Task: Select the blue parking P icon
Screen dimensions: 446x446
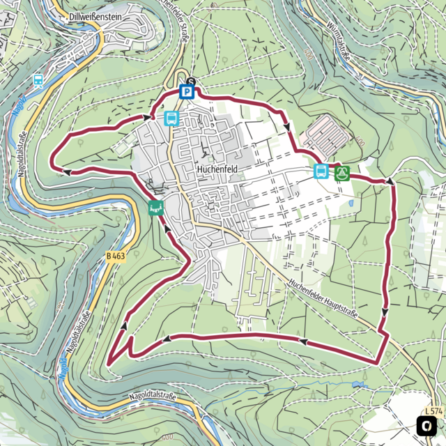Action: (187, 91)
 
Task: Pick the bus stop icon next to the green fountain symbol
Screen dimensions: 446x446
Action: (321, 171)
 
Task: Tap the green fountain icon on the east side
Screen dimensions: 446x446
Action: (341, 172)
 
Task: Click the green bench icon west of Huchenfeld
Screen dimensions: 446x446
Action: (155, 207)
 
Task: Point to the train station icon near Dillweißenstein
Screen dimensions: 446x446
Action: (38, 79)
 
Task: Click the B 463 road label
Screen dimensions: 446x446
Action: (116, 256)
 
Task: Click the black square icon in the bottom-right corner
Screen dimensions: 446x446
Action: (426, 425)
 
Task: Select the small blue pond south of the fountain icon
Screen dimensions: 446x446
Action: (351, 203)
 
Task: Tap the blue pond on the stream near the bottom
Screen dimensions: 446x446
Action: (358, 384)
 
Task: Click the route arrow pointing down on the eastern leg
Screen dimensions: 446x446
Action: (385, 312)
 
